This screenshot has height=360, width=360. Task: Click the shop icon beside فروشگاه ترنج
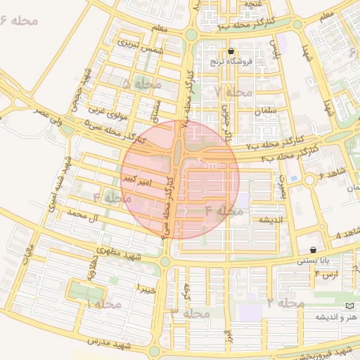pyautogui.click(x=231, y=51)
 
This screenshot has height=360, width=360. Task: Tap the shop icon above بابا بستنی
pyautogui.click(x=313, y=250)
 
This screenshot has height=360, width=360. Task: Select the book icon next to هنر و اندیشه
pyautogui.click(x=350, y=307)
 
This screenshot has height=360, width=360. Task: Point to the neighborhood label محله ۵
pyautogui.click(x=141, y=84)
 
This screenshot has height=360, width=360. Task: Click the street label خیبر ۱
pyautogui.click(x=146, y=289)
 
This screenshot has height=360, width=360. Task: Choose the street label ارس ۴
pyautogui.click(x=323, y=273)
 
